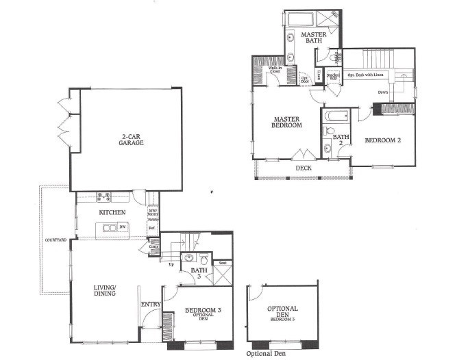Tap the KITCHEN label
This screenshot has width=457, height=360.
coord(112,213)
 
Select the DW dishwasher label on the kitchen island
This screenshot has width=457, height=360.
coord(122,227)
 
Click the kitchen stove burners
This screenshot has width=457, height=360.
coord(104,197)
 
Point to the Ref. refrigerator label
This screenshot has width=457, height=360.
coord(152,227)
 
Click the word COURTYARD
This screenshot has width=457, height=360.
coord(55,240)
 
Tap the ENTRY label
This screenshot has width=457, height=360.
coord(151,304)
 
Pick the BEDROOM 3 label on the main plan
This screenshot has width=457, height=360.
coord(203,313)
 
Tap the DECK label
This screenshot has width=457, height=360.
coord(304,168)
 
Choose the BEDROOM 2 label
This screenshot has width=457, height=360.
coord(382,141)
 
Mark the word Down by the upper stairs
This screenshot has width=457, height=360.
coord(383,92)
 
